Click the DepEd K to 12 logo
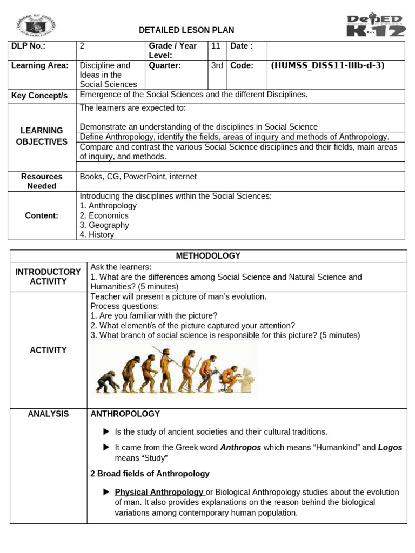click(375, 25)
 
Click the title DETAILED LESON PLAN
click(186, 30)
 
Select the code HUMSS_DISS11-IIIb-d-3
click(327, 65)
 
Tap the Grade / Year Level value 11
click(216, 46)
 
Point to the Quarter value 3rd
click(217, 65)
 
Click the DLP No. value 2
click(82, 46)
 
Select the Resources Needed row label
click(42, 181)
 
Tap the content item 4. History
click(97, 235)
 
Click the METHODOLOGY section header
click(208, 255)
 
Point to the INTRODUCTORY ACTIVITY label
click(48, 276)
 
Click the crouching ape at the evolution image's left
click(104, 382)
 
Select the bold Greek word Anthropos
click(240, 448)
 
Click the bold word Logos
click(390, 448)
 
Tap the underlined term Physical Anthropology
click(159, 492)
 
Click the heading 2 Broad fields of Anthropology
click(150, 474)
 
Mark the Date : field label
click(242, 46)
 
